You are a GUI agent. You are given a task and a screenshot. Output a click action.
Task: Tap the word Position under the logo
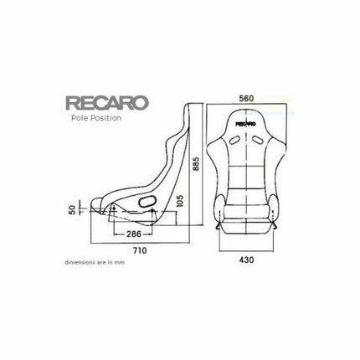(107, 119)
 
